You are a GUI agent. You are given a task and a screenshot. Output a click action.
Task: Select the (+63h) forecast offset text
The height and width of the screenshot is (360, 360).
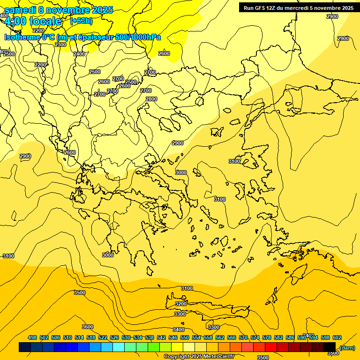click(81, 21)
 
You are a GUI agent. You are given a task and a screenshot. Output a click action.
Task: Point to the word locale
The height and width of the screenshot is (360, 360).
click(45, 21)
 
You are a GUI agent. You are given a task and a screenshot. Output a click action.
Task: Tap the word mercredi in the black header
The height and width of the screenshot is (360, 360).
click(305, 7)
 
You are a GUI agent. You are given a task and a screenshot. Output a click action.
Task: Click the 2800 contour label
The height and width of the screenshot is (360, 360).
click(151, 99)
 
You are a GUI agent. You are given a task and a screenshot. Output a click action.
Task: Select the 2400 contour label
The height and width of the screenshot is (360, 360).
click(79, 54)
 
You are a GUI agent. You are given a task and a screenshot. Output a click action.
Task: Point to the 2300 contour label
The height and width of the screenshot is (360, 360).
click(60, 45)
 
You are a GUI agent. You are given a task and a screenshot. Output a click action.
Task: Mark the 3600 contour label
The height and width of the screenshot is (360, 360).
click(88, 327)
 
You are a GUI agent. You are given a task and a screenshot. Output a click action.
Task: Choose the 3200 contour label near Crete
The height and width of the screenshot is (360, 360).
click(180, 304)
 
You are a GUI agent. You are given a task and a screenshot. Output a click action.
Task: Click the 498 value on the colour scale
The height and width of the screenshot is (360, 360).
click(32, 337)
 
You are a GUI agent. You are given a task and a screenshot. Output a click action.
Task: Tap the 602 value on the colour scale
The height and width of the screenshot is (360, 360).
click(337, 337)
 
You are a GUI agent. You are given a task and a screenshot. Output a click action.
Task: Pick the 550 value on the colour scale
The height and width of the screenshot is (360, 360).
click(185, 337)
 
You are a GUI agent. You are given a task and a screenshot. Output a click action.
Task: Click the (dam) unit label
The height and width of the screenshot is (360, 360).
click(347, 347)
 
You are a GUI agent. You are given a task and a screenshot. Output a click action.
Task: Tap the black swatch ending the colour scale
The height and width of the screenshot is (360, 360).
click(330, 347)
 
